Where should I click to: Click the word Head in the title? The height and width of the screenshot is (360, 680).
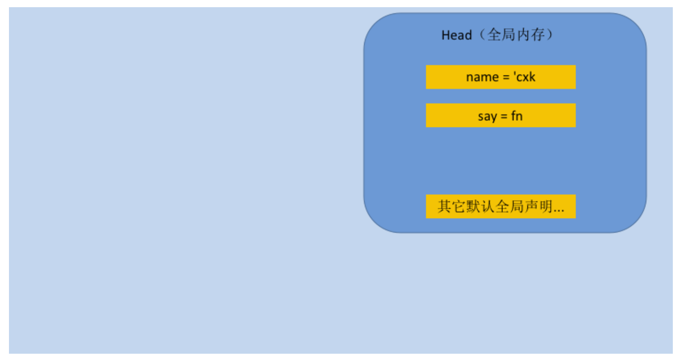click(x=457, y=35)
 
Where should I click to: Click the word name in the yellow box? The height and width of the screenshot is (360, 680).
click(x=482, y=77)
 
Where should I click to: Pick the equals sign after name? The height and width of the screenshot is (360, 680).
click(x=506, y=78)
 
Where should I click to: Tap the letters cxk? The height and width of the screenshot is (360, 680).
click(x=526, y=77)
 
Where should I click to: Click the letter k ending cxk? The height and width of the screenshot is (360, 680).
click(x=532, y=77)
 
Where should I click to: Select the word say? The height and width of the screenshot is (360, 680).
click(x=488, y=117)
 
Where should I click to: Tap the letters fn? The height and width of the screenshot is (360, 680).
click(x=517, y=116)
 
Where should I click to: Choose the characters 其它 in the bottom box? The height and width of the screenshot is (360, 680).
click(x=451, y=206)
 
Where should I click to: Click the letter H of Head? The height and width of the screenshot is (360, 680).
click(x=445, y=35)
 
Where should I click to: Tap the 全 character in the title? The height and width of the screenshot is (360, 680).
click(x=494, y=35)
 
